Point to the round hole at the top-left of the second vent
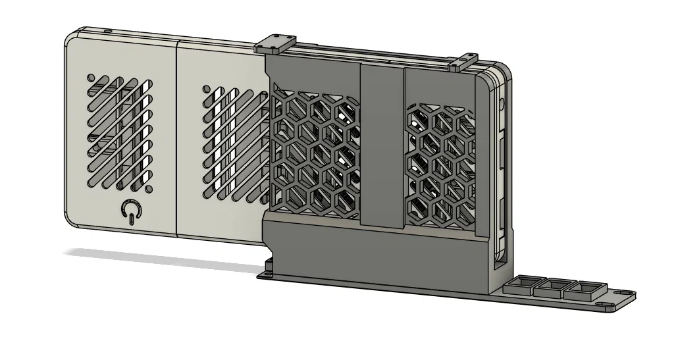[x=206, y=89]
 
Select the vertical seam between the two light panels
[x=178, y=138]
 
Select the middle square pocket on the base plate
[x=552, y=287]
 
